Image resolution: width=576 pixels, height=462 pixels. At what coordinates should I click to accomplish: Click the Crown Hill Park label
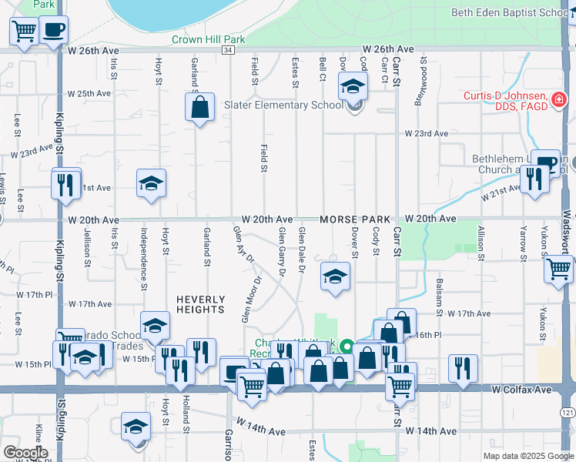coord(208,39)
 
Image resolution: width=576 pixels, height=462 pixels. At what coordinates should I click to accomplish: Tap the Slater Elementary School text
coord(283,105)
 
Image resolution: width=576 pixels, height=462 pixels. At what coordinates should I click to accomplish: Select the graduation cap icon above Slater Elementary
coord(353,86)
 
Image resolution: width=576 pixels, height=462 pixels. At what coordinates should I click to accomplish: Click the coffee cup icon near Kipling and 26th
coord(53,30)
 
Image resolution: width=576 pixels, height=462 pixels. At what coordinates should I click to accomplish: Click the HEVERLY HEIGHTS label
coord(200,304)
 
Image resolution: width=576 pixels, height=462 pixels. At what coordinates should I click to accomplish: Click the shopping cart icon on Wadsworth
coord(558,269)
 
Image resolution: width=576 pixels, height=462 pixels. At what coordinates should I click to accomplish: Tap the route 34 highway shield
coord(227,50)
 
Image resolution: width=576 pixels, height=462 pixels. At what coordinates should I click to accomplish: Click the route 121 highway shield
coord(568,413)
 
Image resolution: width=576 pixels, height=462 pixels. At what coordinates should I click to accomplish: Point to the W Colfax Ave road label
coord(522,390)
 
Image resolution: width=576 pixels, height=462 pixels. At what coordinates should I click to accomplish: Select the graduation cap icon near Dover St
coord(335,278)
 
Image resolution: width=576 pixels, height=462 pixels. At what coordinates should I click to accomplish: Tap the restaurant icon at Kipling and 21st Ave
coord(66,183)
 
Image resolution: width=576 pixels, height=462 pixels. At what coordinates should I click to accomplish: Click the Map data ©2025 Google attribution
coord(528,456)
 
